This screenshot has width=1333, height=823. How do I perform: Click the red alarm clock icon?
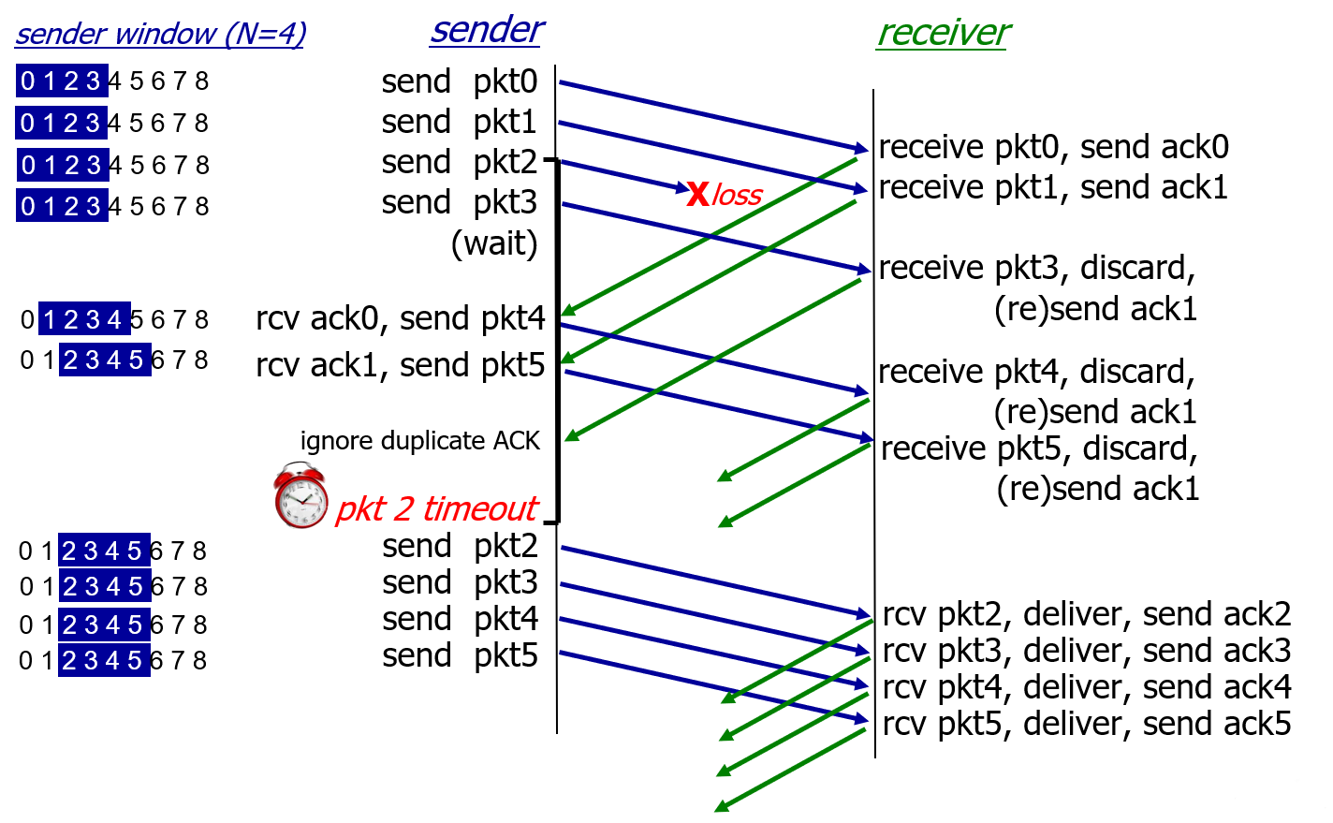300,495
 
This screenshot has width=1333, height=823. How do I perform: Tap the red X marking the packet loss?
698,194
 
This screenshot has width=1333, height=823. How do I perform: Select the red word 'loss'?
737,195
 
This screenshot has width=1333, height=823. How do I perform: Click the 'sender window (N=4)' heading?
160,34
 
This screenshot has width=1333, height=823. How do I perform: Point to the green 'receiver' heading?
943,33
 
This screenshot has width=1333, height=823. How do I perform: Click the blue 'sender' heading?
486,30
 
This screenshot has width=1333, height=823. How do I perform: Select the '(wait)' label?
494,243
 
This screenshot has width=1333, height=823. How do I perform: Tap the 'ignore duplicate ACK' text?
420,441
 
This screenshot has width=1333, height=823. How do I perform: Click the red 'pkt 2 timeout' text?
437,508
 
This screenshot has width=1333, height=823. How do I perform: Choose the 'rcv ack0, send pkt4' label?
400,318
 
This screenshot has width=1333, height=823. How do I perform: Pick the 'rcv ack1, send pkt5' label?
400,365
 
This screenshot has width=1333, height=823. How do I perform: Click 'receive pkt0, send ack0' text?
1053,147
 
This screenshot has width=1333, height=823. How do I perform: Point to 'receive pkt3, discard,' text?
1036,268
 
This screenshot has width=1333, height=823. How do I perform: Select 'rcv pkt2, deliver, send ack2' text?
1087,614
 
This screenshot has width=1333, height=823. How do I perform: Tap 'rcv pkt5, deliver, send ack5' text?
1087,724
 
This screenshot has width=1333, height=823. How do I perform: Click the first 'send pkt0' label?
460,81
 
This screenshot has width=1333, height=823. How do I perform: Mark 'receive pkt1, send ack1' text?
1053,187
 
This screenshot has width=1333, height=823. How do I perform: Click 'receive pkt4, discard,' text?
1036,372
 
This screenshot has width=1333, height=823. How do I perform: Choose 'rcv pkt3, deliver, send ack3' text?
1087,651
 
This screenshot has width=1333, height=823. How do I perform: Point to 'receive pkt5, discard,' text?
1039,448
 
